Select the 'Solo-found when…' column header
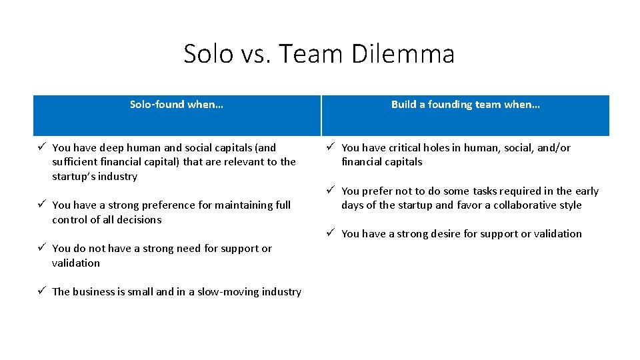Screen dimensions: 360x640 tap(177, 105)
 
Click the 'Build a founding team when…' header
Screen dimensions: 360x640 tap(465, 105)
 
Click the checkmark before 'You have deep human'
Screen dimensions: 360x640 tap(41, 147)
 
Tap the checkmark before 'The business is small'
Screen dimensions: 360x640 tap(41, 291)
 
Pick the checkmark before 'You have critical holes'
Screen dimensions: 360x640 tap(331, 147)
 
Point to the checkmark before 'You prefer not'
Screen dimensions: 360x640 tap(331, 191)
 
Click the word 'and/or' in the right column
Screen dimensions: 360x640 tap(556, 148)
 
